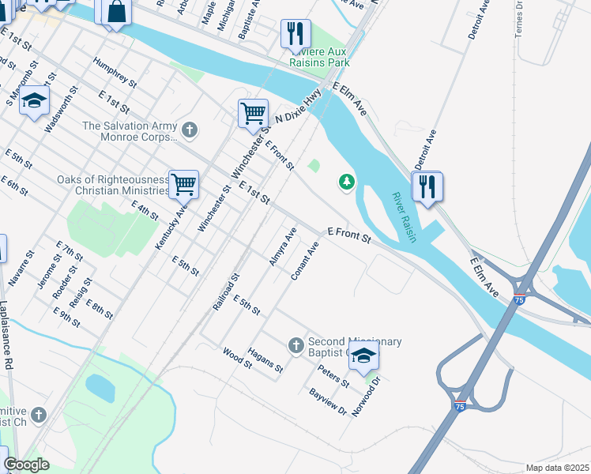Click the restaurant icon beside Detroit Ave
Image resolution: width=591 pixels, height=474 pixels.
tap(427, 186)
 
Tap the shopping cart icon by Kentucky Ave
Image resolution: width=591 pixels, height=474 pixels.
tap(183, 185)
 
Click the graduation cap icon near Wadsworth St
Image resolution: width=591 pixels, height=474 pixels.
tap(34, 100)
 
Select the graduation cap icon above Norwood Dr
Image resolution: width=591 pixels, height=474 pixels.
tap(363, 355)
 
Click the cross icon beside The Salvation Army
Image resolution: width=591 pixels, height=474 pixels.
tap(189, 129)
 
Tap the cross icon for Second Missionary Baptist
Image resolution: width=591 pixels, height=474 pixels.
tap(295, 345)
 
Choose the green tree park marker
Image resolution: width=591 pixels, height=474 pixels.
tap(346, 182)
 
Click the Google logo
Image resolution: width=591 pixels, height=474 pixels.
tap(26, 465)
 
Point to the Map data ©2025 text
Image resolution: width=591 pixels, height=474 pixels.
tap(557, 468)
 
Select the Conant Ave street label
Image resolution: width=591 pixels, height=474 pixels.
tap(304, 261)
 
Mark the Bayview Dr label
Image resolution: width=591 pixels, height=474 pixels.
tap(328, 401)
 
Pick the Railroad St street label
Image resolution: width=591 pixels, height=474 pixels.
tap(226, 293)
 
